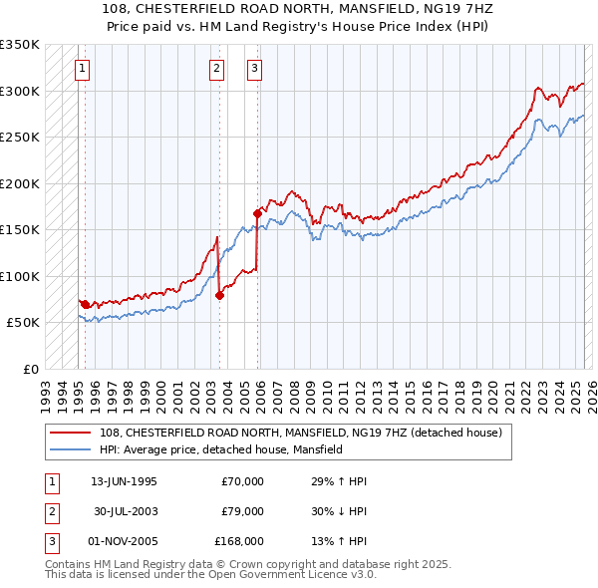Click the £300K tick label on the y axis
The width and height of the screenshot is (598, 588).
tap(19, 91)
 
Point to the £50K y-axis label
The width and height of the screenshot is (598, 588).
tap(22, 323)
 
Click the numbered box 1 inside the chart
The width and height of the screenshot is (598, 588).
tap(81, 69)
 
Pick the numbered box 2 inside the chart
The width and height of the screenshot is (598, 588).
tap(216, 69)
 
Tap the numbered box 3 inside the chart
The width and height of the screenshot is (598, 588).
tap(255, 69)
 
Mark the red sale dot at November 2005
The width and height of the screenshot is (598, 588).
tap(257, 213)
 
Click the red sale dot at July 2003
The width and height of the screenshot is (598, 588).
tap(220, 295)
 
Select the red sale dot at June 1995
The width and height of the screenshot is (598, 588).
tap(85, 304)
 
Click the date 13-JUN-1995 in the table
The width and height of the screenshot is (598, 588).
tap(124, 481)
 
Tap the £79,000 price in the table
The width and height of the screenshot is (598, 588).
tap(242, 511)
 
